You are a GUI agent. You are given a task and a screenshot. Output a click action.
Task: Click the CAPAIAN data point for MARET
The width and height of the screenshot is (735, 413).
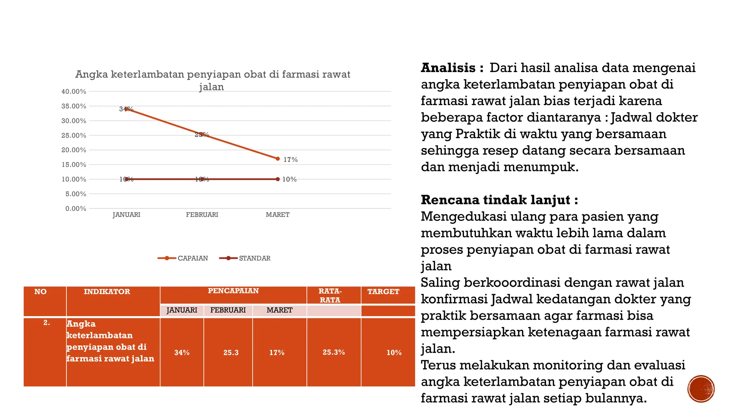click(277, 158)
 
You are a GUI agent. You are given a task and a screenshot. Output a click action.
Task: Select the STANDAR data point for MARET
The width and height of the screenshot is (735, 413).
click(277, 179)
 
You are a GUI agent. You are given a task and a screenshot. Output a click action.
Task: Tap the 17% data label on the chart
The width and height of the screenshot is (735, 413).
click(290, 160)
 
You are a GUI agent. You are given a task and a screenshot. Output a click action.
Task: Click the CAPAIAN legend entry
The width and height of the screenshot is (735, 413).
click(183, 258)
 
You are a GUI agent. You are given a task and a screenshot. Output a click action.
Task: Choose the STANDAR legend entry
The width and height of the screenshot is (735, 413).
click(245, 258)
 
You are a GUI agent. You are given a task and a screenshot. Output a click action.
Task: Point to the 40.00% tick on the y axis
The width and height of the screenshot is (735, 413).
click(74, 91)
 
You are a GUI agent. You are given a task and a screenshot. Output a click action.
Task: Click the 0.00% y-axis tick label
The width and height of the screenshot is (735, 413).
click(76, 209)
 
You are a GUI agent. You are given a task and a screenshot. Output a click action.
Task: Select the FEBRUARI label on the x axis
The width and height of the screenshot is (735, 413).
click(202, 215)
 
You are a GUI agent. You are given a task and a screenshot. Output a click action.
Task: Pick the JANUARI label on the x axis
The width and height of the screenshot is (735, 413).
click(126, 215)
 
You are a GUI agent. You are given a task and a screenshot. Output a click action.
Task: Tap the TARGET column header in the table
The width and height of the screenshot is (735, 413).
click(383, 291)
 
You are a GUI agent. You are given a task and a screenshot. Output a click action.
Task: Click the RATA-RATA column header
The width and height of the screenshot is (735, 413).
click(330, 295)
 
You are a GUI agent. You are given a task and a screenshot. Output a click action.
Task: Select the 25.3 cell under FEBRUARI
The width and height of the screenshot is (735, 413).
click(231, 352)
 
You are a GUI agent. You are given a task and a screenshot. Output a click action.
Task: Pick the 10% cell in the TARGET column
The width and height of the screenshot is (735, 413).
click(394, 352)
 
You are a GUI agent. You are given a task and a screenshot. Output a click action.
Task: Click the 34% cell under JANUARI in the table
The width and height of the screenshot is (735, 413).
click(182, 352)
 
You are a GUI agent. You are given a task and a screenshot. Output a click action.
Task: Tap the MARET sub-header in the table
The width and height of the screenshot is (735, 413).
click(279, 310)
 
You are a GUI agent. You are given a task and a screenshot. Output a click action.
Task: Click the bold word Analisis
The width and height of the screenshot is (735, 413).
click(448, 68)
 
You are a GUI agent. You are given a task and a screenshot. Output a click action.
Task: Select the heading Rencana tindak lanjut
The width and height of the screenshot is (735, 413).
click(499, 200)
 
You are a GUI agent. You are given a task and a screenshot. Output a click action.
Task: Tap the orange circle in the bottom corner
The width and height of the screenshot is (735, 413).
click(701, 389)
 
